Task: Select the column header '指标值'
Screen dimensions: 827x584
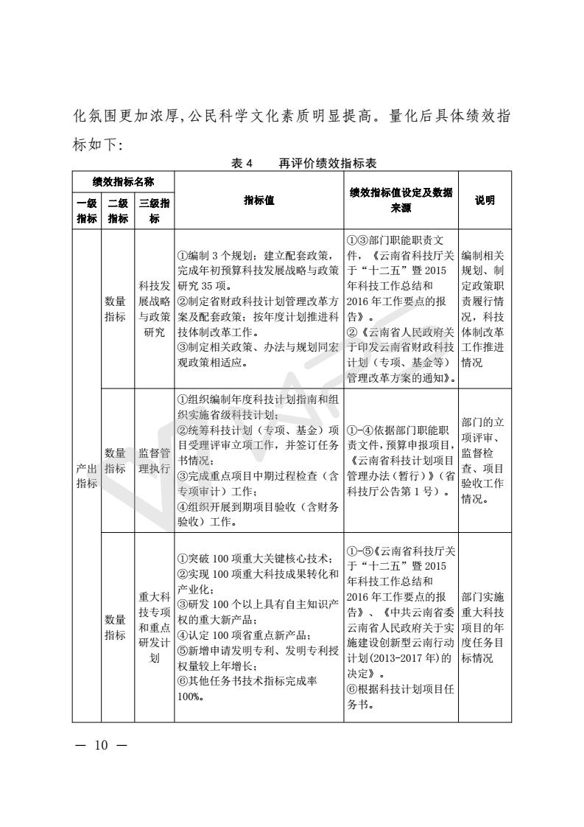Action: tap(258, 200)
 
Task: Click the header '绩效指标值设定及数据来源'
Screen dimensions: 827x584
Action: tap(401, 200)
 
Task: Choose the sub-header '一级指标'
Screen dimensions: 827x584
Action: tap(86, 212)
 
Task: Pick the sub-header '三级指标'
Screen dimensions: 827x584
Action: tap(154, 212)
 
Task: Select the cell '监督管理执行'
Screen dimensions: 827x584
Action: tap(154, 460)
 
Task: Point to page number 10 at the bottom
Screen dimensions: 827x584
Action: tap(100, 745)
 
